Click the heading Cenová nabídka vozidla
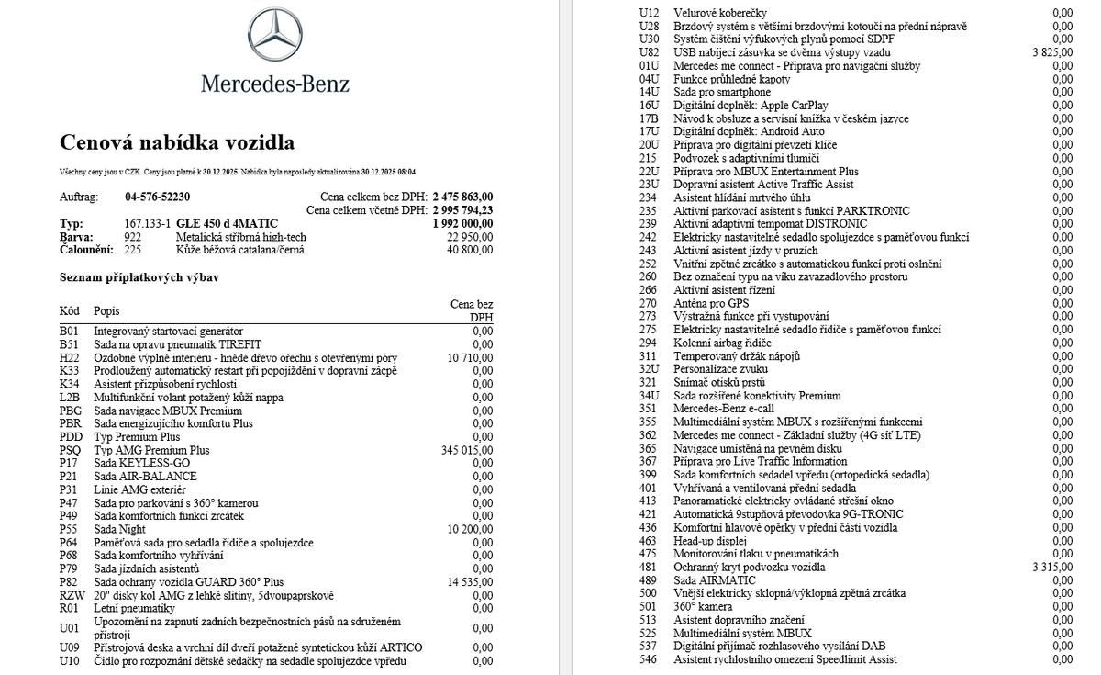pyautogui.click(x=177, y=142)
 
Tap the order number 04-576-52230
pyautogui.click(x=157, y=197)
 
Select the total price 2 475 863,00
pyautogui.click(x=462, y=197)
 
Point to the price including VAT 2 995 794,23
pyautogui.click(x=462, y=210)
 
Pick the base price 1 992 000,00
pyautogui.click(x=462, y=223)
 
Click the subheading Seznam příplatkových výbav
pyautogui.click(x=139, y=276)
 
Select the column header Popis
pyautogui.click(x=106, y=310)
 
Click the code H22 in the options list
pyautogui.click(x=70, y=357)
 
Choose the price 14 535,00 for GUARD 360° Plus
pyautogui.click(x=470, y=582)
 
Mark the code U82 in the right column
pyautogui.click(x=650, y=52)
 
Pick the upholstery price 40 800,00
pyautogui.click(x=470, y=250)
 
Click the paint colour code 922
pyautogui.click(x=133, y=237)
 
